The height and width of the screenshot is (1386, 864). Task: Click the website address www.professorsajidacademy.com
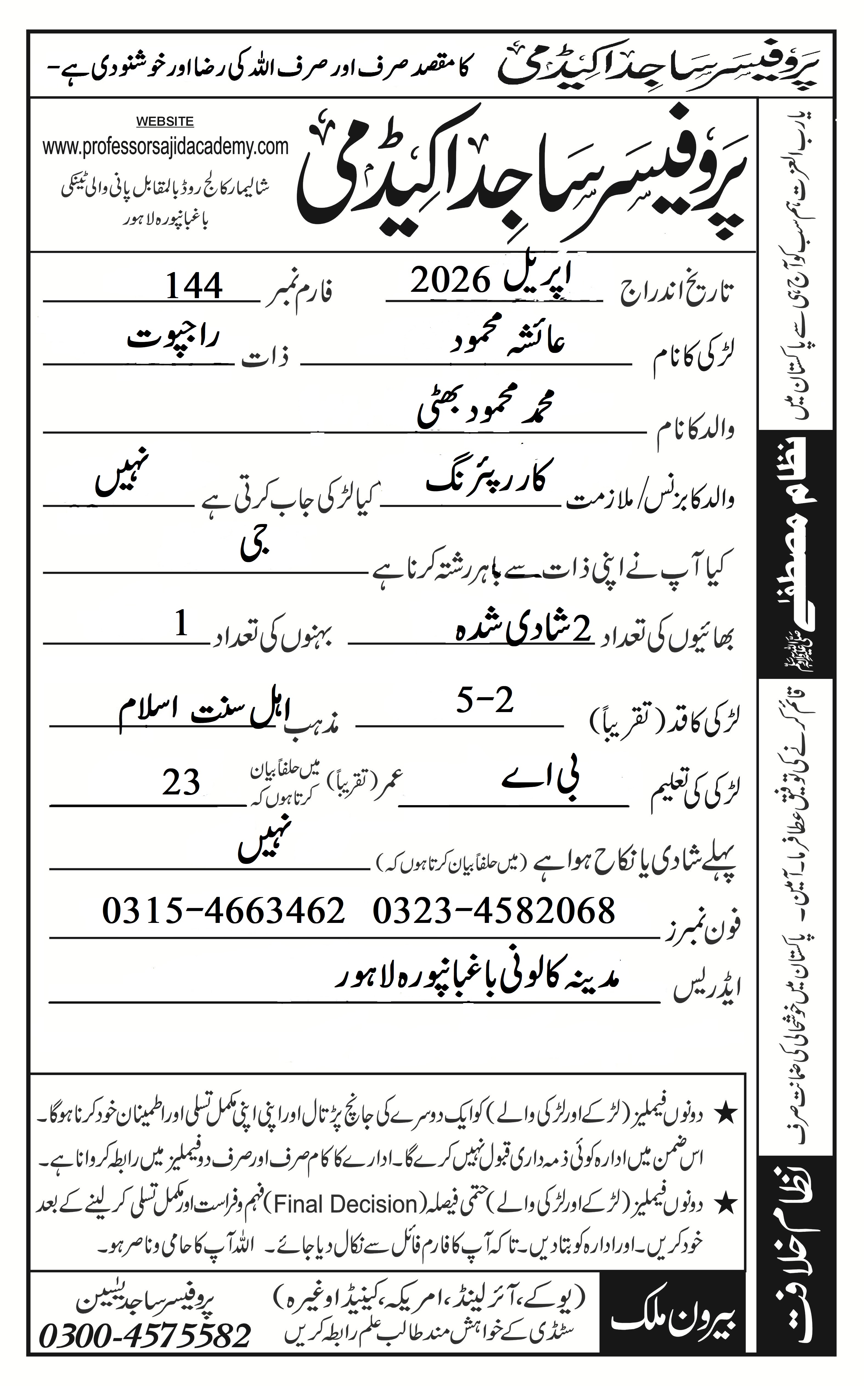point(165,147)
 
